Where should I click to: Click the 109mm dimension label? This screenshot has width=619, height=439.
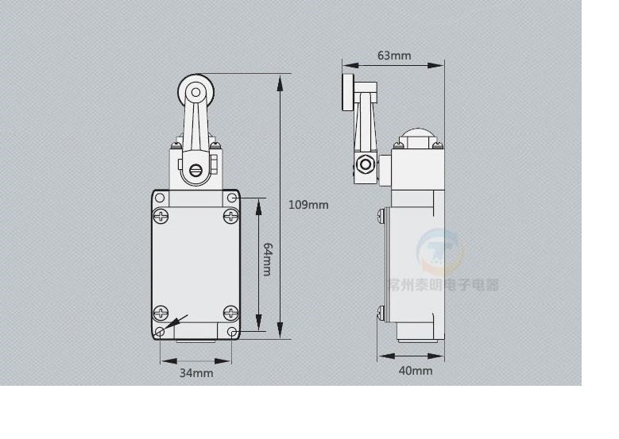click(x=308, y=205)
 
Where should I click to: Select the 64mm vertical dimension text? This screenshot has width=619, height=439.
click(x=268, y=260)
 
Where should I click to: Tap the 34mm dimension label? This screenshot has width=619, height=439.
click(x=195, y=372)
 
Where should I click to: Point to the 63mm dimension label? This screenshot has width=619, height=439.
click(x=394, y=55)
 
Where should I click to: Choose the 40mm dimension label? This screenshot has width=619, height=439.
click(x=415, y=371)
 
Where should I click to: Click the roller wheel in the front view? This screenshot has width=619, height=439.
click(x=195, y=91)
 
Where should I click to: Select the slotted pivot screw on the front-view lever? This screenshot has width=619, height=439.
click(x=195, y=168)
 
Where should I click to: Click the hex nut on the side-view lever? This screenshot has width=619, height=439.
click(x=365, y=164)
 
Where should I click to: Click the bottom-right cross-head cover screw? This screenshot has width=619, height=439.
click(x=230, y=312)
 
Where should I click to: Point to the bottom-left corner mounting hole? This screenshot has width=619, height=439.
click(x=161, y=331)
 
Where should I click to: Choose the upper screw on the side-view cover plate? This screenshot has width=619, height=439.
click(x=382, y=214)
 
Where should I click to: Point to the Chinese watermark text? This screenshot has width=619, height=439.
click(x=443, y=284)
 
